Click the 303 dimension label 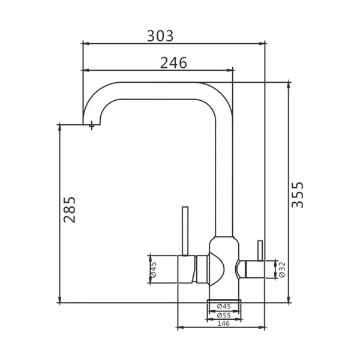point(160,36)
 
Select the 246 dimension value point(173,62)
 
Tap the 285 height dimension point(70,209)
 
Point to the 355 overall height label point(298,194)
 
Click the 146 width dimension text point(224,323)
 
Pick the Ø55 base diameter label point(224,315)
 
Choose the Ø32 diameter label point(282,269)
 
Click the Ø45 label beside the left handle point(153,269)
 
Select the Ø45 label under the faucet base point(224,306)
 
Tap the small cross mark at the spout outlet point(92,125)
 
